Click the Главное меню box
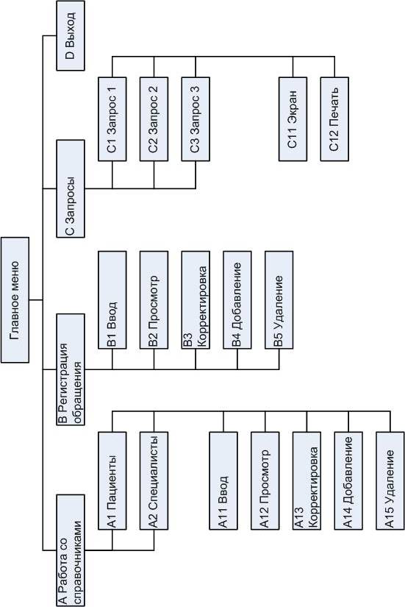(x=15, y=300)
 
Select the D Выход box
(x=71, y=35)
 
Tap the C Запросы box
(x=71, y=188)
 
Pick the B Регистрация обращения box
(x=71, y=369)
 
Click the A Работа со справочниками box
(x=71, y=550)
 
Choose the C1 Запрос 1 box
(x=112, y=119)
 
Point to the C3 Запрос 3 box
(x=196, y=119)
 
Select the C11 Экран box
(x=293, y=119)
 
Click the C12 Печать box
(x=334, y=119)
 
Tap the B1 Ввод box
(x=112, y=300)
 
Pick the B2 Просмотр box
(x=154, y=300)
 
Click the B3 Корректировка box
(x=196, y=300)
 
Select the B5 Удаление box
(x=279, y=300)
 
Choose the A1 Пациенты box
(x=112, y=480)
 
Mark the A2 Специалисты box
(x=154, y=480)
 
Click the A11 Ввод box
(x=223, y=480)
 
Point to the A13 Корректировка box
(x=307, y=480)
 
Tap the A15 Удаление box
(x=390, y=480)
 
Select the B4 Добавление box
(x=237, y=300)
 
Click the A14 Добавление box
(x=348, y=480)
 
